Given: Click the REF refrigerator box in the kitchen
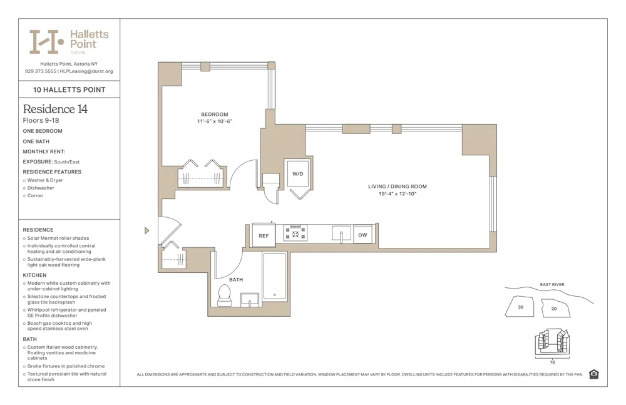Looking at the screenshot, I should [264, 235].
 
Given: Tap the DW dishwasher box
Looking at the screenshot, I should [362, 235].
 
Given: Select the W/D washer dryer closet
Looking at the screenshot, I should [298, 174].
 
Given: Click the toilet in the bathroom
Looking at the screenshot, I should [224, 295].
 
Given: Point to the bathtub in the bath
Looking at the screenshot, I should [274, 276].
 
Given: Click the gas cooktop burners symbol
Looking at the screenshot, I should [295, 233].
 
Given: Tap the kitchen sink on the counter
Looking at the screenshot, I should [341, 233].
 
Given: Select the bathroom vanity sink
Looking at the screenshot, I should [250, 299].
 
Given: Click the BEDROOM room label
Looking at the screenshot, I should [214, 115].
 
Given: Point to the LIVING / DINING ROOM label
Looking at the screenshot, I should [398, 187].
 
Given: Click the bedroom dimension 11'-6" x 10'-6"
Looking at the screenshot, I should [215, 121].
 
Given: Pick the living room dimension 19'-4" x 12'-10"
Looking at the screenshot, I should [397, 194].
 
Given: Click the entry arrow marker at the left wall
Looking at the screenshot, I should [146, 230].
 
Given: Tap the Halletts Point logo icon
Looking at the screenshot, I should [46, 41].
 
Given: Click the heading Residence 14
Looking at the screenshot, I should [55, 109].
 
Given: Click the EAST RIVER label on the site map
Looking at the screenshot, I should [552, 285].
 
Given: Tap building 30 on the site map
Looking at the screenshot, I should [520, 307].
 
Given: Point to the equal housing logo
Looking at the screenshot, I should [593, 374].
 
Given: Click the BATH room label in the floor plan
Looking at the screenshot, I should [235, 280].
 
